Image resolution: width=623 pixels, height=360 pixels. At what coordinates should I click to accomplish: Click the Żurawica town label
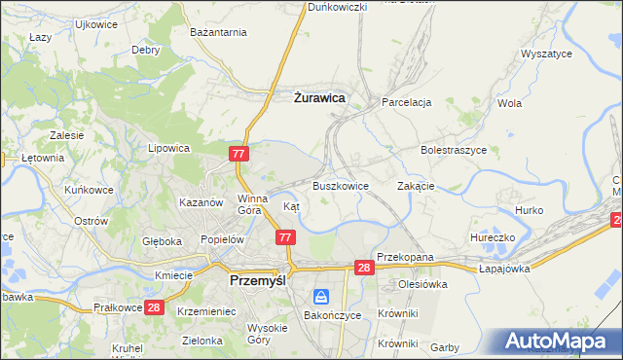point(319,97)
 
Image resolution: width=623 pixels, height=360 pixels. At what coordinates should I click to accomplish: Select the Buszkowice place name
point(341,186)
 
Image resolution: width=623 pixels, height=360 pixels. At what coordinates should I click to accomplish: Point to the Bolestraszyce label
point(453,151)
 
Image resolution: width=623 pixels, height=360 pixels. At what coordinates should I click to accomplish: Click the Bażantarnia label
point(219,33)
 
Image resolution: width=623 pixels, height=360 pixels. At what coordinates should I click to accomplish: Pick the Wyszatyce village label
point(546,54)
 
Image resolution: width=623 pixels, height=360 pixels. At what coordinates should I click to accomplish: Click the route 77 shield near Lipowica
point(240,155)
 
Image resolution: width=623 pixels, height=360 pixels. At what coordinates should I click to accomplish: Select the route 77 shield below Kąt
point(285,237)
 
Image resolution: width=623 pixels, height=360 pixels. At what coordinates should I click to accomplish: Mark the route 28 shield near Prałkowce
point(153,307)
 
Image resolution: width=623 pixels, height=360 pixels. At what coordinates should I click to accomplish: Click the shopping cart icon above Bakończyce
point(320,297)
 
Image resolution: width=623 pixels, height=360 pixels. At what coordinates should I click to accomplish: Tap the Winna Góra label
point(251,203)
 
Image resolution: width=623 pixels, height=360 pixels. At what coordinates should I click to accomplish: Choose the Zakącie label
point(416,186)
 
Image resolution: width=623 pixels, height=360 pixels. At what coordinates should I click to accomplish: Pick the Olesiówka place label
point(422,285)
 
